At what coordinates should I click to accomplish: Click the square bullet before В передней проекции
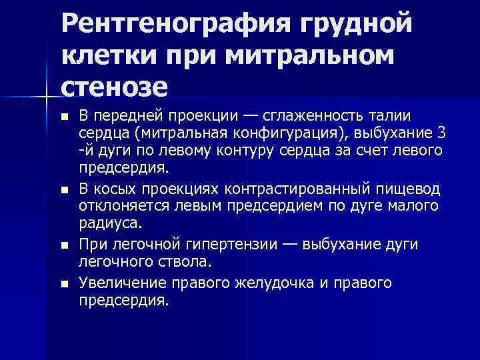pyautogui.click(x=64, y=117)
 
